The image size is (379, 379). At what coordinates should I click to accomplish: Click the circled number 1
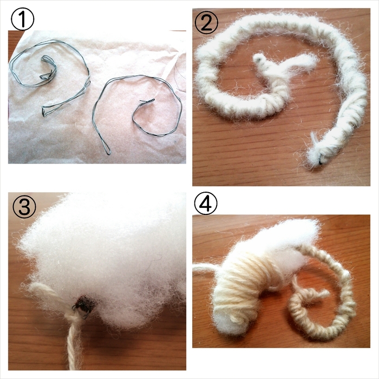point(23,19)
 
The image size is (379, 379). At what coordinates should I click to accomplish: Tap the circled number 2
point(206,22)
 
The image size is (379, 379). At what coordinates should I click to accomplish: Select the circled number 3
point(24,207)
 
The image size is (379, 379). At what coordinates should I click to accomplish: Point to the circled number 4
point(206,203)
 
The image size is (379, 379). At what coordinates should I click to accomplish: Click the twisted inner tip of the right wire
point(147,101)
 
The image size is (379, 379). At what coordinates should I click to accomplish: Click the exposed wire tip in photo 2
point(321,160)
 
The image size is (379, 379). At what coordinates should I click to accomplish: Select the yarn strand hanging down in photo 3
point(74,343)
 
